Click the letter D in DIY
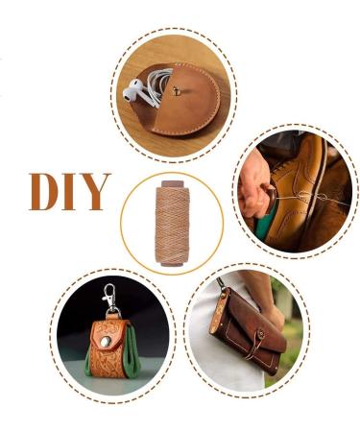45,192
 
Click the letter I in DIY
73,192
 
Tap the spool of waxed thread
171,223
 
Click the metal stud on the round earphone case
180,88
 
